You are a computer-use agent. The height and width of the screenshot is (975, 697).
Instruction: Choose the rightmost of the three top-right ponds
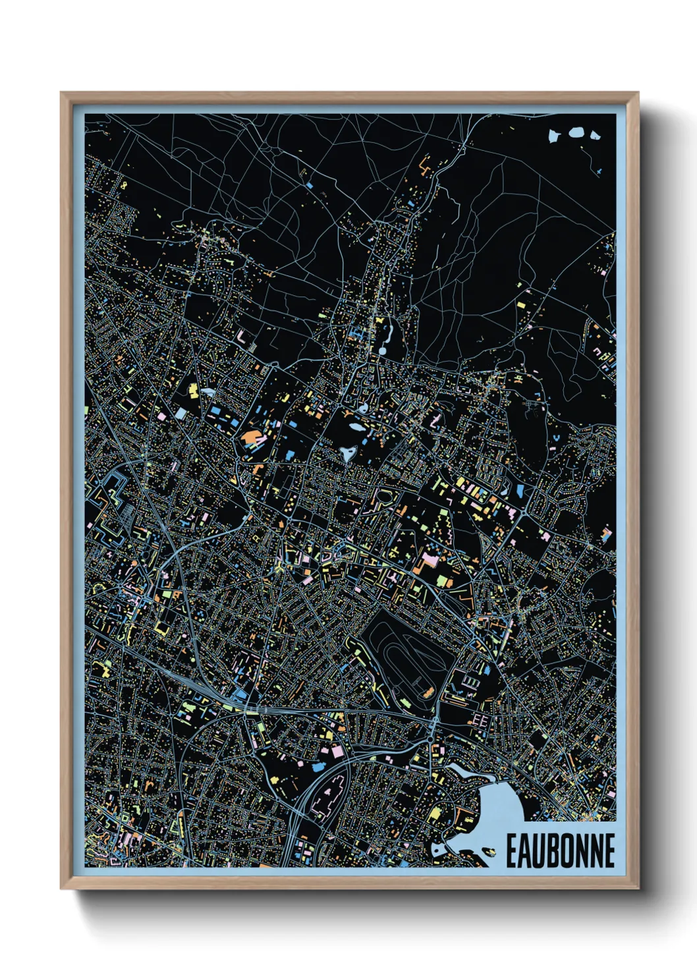pyautogui.click(x=595, y=136)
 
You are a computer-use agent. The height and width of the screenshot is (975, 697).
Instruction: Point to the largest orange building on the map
pyautogui.click(x=252, y=437)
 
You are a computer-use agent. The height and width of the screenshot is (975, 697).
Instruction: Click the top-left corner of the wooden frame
pyautogui.click(x=62, y=93)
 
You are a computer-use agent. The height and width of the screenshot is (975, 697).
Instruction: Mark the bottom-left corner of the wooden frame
pyautogui.click(x=62, y=887)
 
